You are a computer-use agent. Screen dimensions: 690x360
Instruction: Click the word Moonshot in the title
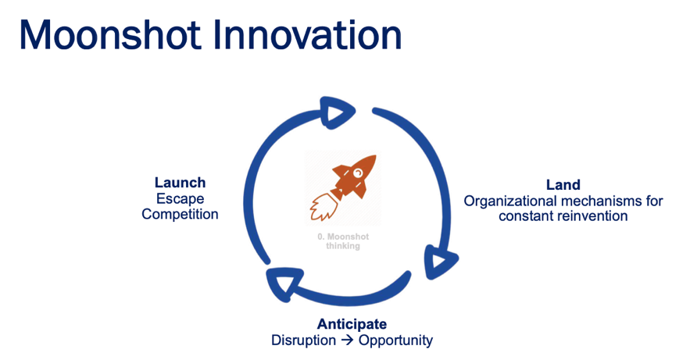coord(110,34)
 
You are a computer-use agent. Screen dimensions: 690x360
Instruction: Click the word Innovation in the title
coord(308,34)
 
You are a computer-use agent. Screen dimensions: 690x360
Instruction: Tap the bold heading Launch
coord(180,183)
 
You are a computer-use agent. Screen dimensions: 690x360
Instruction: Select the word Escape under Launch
coord(180,198)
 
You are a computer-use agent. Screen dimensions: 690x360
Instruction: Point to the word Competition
coord(180,214)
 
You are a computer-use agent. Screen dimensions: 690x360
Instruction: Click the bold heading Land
coord(563,184)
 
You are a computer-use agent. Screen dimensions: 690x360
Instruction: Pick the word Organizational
coord(510,201)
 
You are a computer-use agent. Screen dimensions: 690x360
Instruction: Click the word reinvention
coord(592,216)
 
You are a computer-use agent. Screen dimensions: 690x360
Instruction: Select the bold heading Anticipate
coord(352,324)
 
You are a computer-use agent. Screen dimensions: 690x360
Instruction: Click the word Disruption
coord(304,340)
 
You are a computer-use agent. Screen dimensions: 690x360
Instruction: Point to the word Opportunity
coord(395,340)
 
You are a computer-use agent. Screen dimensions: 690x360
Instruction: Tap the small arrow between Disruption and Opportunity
coord(347,340)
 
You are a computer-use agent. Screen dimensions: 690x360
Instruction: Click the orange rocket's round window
coord(358,173)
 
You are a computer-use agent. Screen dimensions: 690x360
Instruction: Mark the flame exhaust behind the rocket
coord(323,206)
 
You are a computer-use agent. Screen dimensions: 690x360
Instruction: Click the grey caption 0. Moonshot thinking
coord(343,241)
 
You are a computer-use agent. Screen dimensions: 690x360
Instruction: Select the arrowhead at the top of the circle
coord(337,112)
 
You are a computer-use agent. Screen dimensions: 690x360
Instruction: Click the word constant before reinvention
coord(526,216)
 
